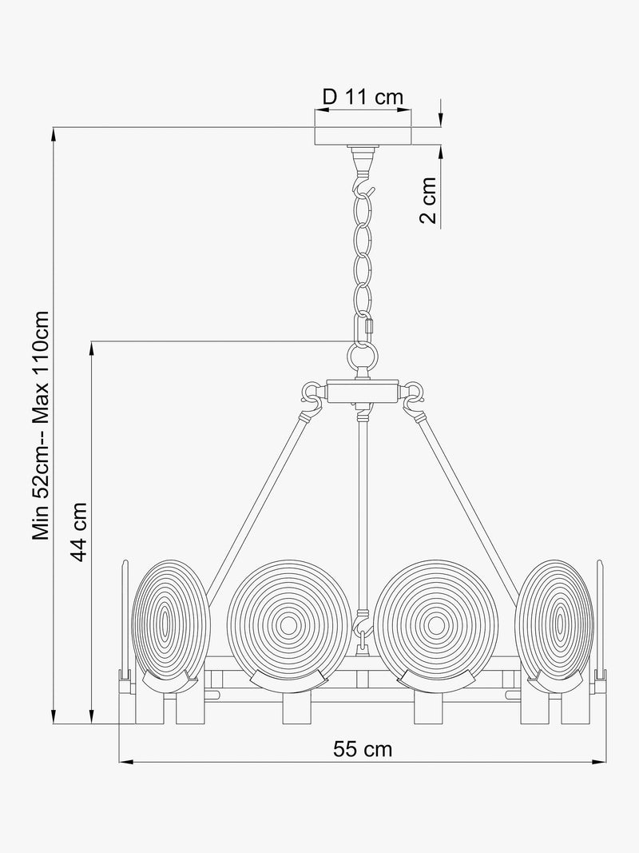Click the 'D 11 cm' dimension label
(363, 98)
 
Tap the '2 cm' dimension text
(428, 200)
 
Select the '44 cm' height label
(79, 532)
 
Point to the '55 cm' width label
(363, 749)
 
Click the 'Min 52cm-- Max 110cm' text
(41, 425)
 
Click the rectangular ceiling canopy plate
(363, 136)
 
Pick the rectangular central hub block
(363, 392)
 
